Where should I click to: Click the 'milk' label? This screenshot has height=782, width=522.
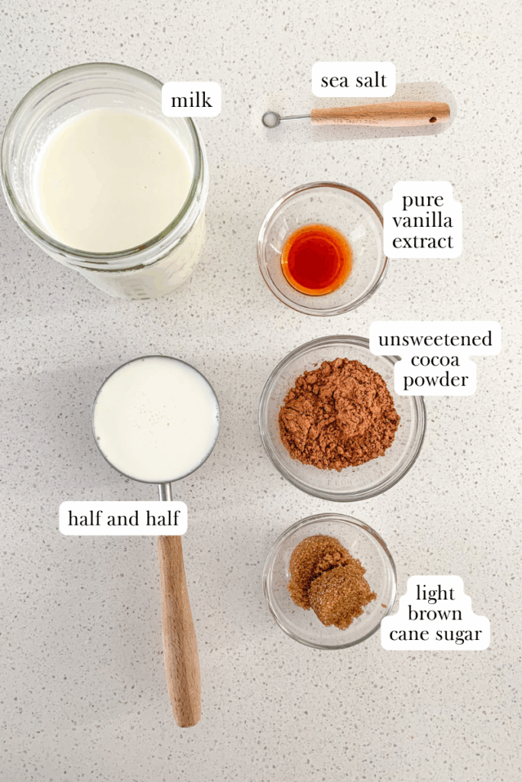tap(191, 100)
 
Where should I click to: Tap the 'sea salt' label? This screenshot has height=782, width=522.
tap(353, 80)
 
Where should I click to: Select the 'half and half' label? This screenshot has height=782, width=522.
tap(123, 519)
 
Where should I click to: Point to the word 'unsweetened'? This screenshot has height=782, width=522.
tap(435, 339)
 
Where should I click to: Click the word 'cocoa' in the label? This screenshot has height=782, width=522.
tap(435, 360)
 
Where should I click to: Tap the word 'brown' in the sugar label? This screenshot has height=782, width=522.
tap(435, 613)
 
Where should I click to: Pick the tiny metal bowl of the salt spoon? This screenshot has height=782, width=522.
tap(271, 119)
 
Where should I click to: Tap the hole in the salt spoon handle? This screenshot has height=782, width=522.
tap(435, 118)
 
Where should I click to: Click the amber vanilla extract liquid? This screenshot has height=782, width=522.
tap(316, 260)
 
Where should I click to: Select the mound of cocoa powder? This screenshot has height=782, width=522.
tap(338, 412)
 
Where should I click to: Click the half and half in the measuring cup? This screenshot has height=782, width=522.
tap(156, 418)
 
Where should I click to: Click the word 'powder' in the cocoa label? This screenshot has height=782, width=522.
tap(435, 380)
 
